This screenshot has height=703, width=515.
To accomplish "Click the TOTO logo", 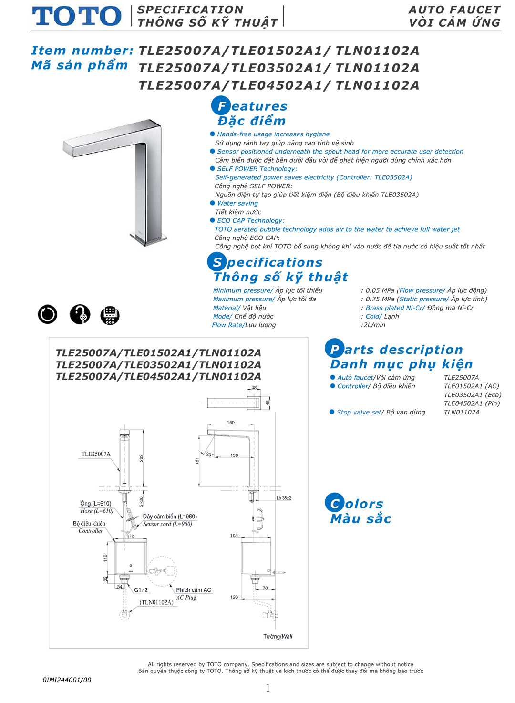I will pyautogui.click(x=77, y=16).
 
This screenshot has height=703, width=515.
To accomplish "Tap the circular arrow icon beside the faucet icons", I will pyautogui.click(x=48, y=314).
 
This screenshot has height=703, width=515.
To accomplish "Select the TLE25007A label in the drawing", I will pyautogui.click(x=95, y=454).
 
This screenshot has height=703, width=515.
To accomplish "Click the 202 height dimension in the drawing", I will pyautogui.click(x=142, y=458).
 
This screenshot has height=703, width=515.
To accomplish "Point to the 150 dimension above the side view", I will pyautogui.click(x=231, y=423).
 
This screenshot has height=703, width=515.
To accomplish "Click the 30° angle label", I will pyautogui.click(x=209, y=455).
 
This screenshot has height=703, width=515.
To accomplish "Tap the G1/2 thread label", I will pyautogui.click(x=141, y=590).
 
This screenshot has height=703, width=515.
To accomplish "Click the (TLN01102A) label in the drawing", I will pyautogui.click(x=156, y=602).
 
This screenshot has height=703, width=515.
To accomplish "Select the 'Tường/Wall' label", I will pyautogui.click(x=278, y=636).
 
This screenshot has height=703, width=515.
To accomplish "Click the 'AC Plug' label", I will pyautogui.click(x=186, y=598).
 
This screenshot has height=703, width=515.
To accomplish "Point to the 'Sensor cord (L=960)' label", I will pyautogui.click(x=167, y=524).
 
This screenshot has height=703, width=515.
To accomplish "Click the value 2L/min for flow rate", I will pyautogui.click(x=374, y=325).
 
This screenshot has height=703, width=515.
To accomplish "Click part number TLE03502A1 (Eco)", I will pyautogui.click(x=472, y=395).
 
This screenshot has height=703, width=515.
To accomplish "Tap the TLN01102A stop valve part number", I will pyautogui.click(x=462, y=413).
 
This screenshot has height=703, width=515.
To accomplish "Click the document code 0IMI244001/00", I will pyautogui.click(x=67, y=680).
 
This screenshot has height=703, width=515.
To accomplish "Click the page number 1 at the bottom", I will pyautogui.click(x=268, y=688).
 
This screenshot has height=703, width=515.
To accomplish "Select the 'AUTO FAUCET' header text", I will pyautogui.click(x=454, y=10).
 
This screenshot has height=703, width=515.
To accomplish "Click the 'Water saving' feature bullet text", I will pyautogui.click(x=237, y=203).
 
